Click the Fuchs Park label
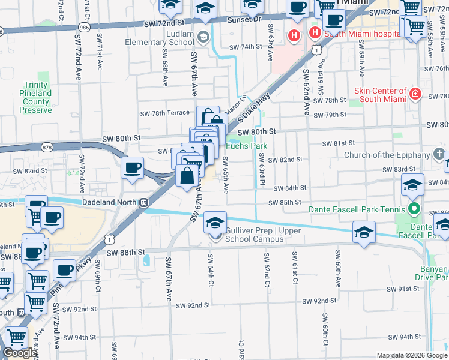pos(246,146)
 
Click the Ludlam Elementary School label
pos(160,38)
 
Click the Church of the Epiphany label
pos(387,155)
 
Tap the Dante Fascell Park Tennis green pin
pos(414,209)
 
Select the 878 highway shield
pos(46,146)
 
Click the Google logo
pos(20,353)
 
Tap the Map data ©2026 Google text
pos(412,355)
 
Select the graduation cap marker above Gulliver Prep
pos(215,223)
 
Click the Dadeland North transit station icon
pos(145,202)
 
